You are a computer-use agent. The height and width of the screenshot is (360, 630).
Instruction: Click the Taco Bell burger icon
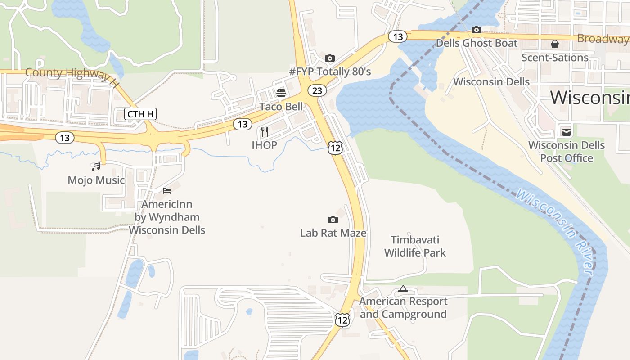coord(281,93)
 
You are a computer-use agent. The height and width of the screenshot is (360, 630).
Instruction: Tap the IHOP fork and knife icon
coord(265,132)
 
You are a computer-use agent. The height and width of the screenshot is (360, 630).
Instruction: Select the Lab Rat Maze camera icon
coord(333,220)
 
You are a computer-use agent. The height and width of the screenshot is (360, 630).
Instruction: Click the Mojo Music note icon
coord(96,167)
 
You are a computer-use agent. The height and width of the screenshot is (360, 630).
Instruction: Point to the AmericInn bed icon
coord(167,191)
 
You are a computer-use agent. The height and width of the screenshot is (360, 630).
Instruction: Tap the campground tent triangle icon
coord(403,288)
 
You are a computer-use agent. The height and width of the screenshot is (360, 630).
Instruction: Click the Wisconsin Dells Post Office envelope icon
coord(566,132)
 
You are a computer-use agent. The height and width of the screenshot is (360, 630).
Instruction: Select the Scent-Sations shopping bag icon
coord(555,44)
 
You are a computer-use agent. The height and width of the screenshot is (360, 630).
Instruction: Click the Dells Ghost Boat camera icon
coord(477,30)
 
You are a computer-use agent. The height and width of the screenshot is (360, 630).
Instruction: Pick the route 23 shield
coord(317,90)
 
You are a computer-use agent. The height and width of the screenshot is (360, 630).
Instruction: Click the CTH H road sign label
coord(140,114)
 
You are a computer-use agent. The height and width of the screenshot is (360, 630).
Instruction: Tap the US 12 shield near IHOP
coord(335,148)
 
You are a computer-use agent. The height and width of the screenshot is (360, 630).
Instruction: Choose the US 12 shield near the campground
coord(342,320)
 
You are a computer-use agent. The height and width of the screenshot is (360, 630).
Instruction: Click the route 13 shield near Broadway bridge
coord(398,36)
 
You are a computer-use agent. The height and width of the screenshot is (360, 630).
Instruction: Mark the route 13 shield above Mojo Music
coord(65,138)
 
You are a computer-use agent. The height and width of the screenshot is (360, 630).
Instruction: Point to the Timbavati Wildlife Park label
coord(415,246)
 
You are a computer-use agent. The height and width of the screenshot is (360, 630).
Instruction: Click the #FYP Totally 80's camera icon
coord(330,58)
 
